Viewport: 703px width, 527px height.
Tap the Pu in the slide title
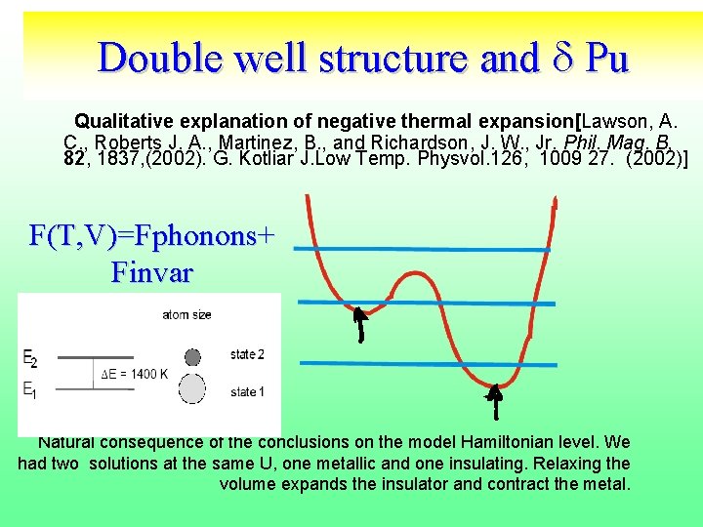[x=606, y=58]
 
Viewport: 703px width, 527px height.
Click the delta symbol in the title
[x=558, y=58]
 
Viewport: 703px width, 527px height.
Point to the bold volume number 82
[x=73, y=158]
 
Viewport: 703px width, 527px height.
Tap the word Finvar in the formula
[x=151, y=271]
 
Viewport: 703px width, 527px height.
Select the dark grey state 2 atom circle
[x=192, y=356]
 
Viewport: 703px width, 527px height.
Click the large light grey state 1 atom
[x=192, y=389]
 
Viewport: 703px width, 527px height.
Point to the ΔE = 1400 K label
[x=135, y=374]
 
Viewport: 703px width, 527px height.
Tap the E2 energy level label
[x=30, y=359]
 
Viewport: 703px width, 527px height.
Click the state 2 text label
[x=247, y=354]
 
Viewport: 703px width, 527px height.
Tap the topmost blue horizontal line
[x=422, y=250]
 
